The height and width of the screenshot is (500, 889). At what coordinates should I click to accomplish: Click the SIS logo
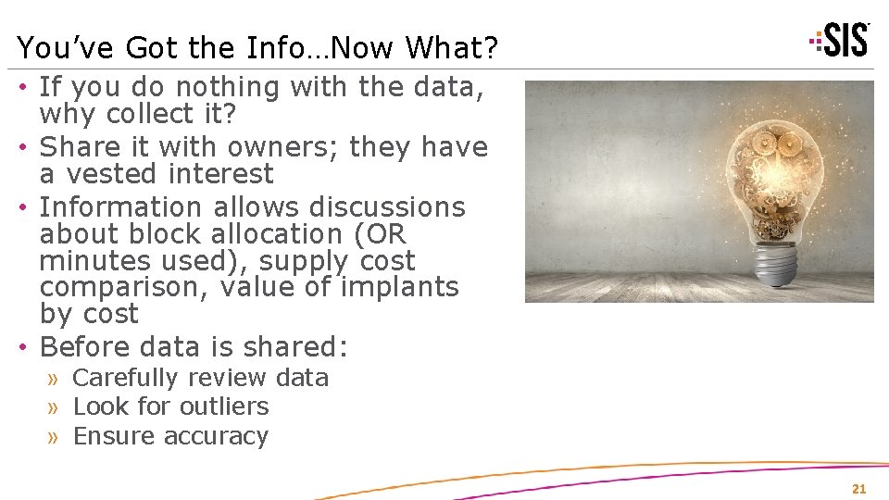[840, 40]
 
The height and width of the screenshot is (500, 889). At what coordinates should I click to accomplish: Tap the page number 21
[858, 489]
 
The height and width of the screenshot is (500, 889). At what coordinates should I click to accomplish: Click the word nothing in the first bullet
[228, 87]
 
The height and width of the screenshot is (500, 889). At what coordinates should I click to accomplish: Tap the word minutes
[91, 261]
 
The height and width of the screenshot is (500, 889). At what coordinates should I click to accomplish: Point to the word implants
[399, 288]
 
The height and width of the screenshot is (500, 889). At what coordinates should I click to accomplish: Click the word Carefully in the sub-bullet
[124, 378]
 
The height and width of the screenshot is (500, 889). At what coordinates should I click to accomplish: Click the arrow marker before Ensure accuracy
[55, 436]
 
